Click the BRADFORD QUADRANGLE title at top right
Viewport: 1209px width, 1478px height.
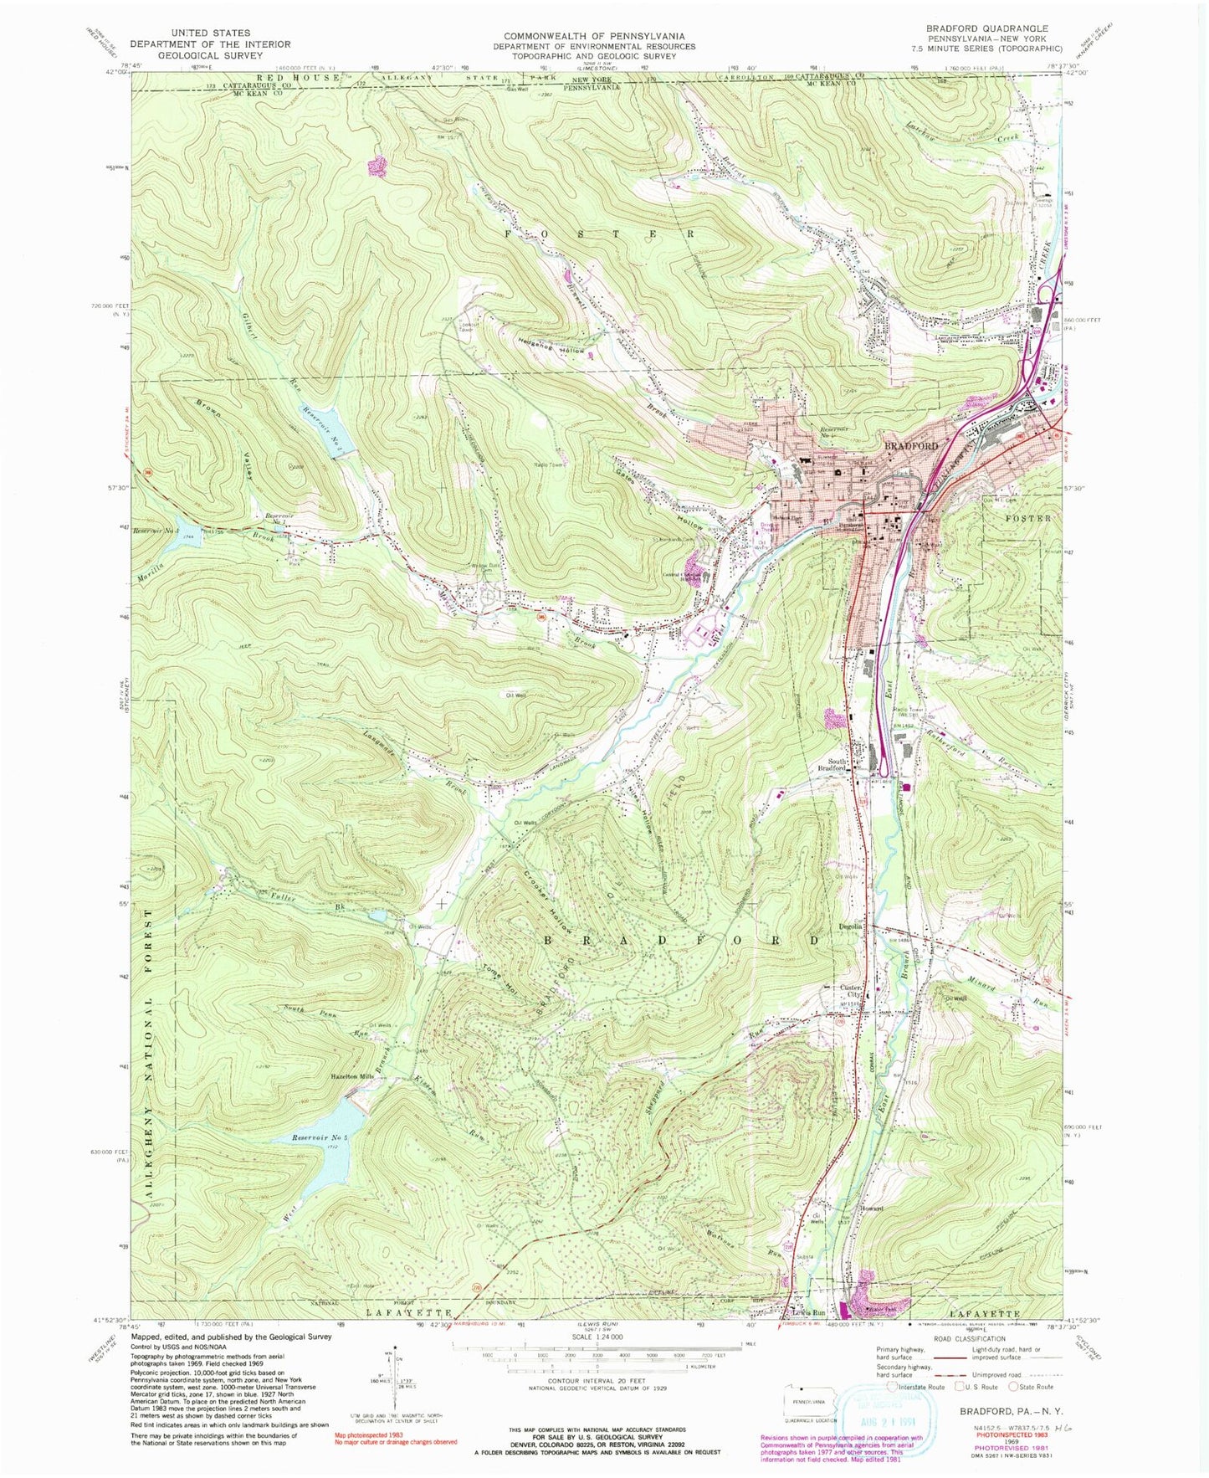(x=986, y=28)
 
